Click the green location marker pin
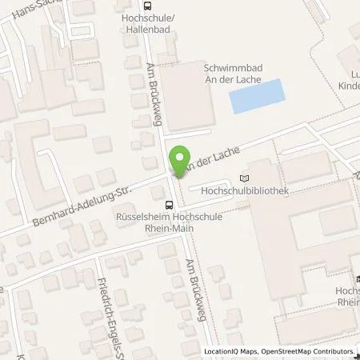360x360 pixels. click(181, 159)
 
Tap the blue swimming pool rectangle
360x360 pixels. click(258, 96)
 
